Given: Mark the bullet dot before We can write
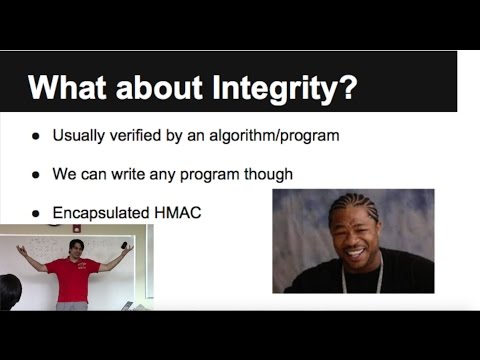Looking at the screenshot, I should click(37, 174).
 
